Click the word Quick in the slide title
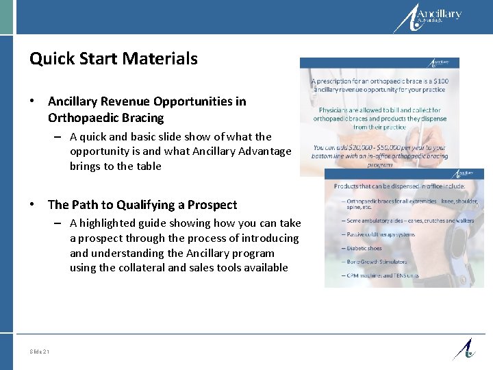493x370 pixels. (50, 60)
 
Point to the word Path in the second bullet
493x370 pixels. (88, 205)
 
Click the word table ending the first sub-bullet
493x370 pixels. (149, 166)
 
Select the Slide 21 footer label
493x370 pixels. (40, 351)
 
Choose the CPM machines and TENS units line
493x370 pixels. (382, 275)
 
